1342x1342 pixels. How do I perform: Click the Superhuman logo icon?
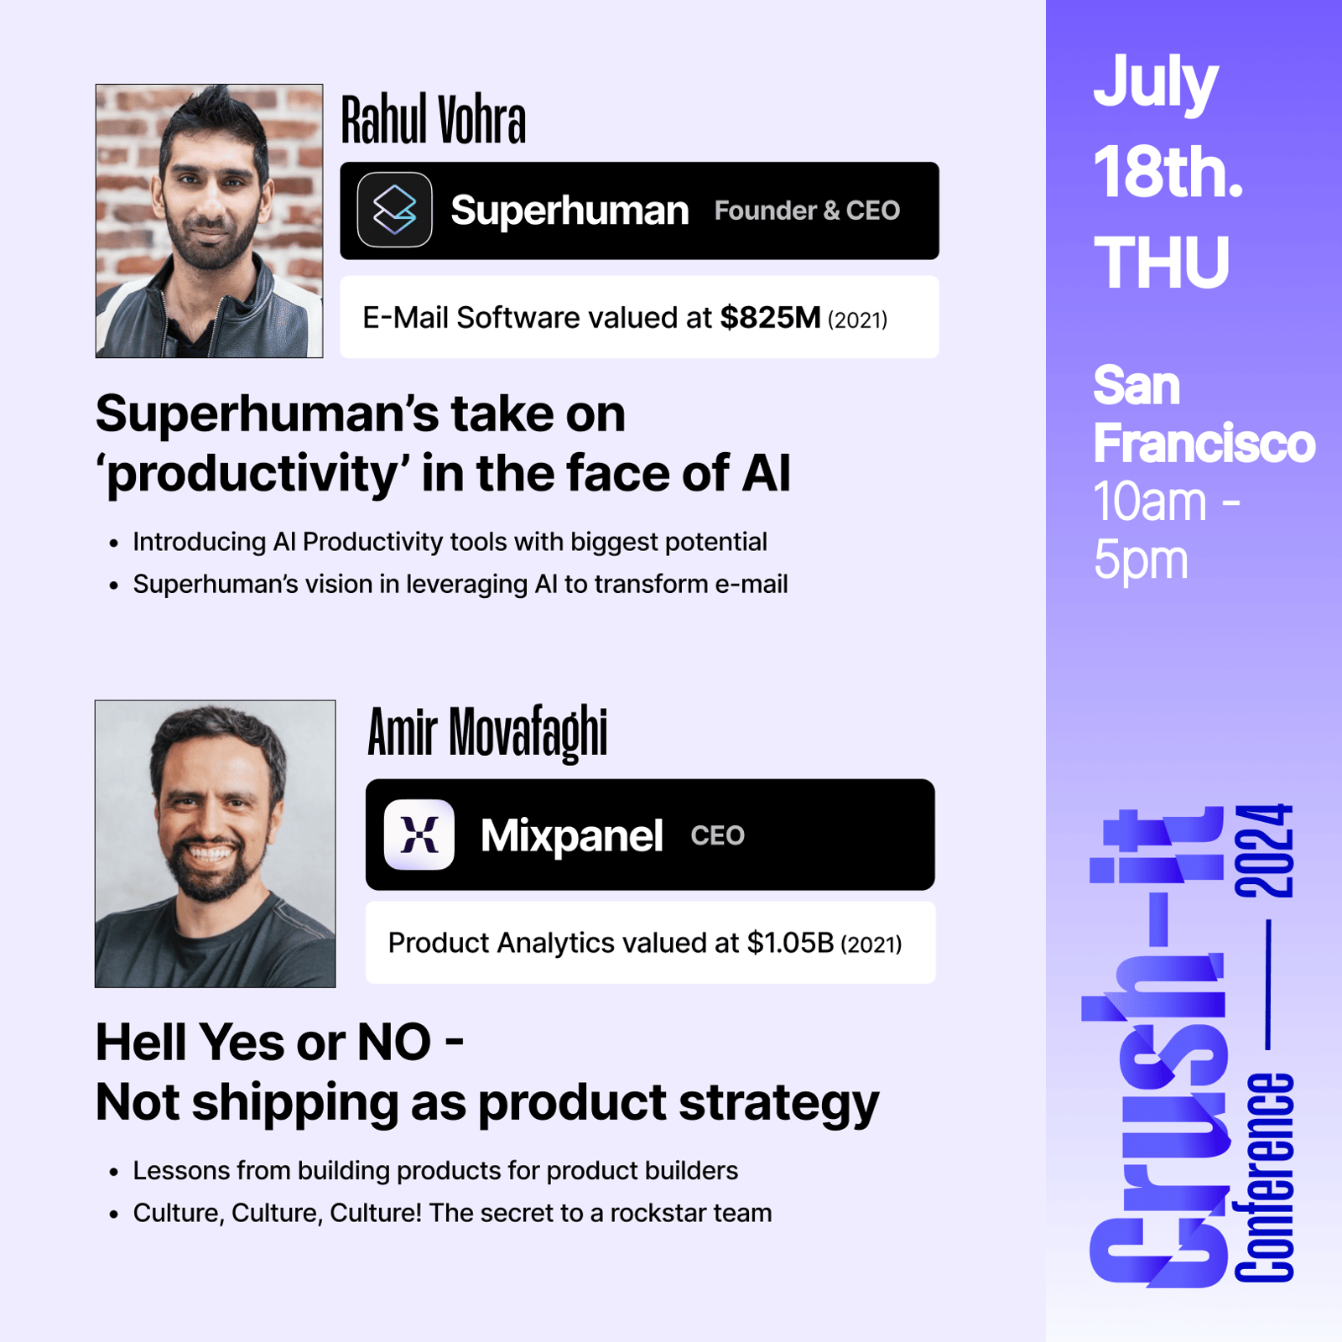(394, 210)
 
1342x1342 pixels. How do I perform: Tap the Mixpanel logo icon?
(419, 835)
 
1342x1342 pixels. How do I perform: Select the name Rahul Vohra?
(433, 120)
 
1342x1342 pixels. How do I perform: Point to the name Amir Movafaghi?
(487, 732)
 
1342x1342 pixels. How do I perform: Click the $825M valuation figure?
(770, 318)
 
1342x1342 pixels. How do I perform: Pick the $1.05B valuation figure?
(790, 943)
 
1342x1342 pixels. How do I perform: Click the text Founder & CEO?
(807, 211)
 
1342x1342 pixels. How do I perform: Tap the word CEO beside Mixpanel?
(717, 835)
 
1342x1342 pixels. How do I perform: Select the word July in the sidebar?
(1155, 84)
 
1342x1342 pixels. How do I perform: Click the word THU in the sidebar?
(1162, 263)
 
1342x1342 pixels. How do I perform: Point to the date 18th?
(1168, 172)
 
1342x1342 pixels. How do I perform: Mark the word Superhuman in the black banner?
(570, 211)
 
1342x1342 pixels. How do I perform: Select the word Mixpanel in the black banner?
(571, 835)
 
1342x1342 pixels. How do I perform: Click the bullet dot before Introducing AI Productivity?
(114, 544)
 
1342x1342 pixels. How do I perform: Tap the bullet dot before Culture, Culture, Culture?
(114, 1215)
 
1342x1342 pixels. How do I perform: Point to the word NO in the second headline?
(394, 1043)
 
